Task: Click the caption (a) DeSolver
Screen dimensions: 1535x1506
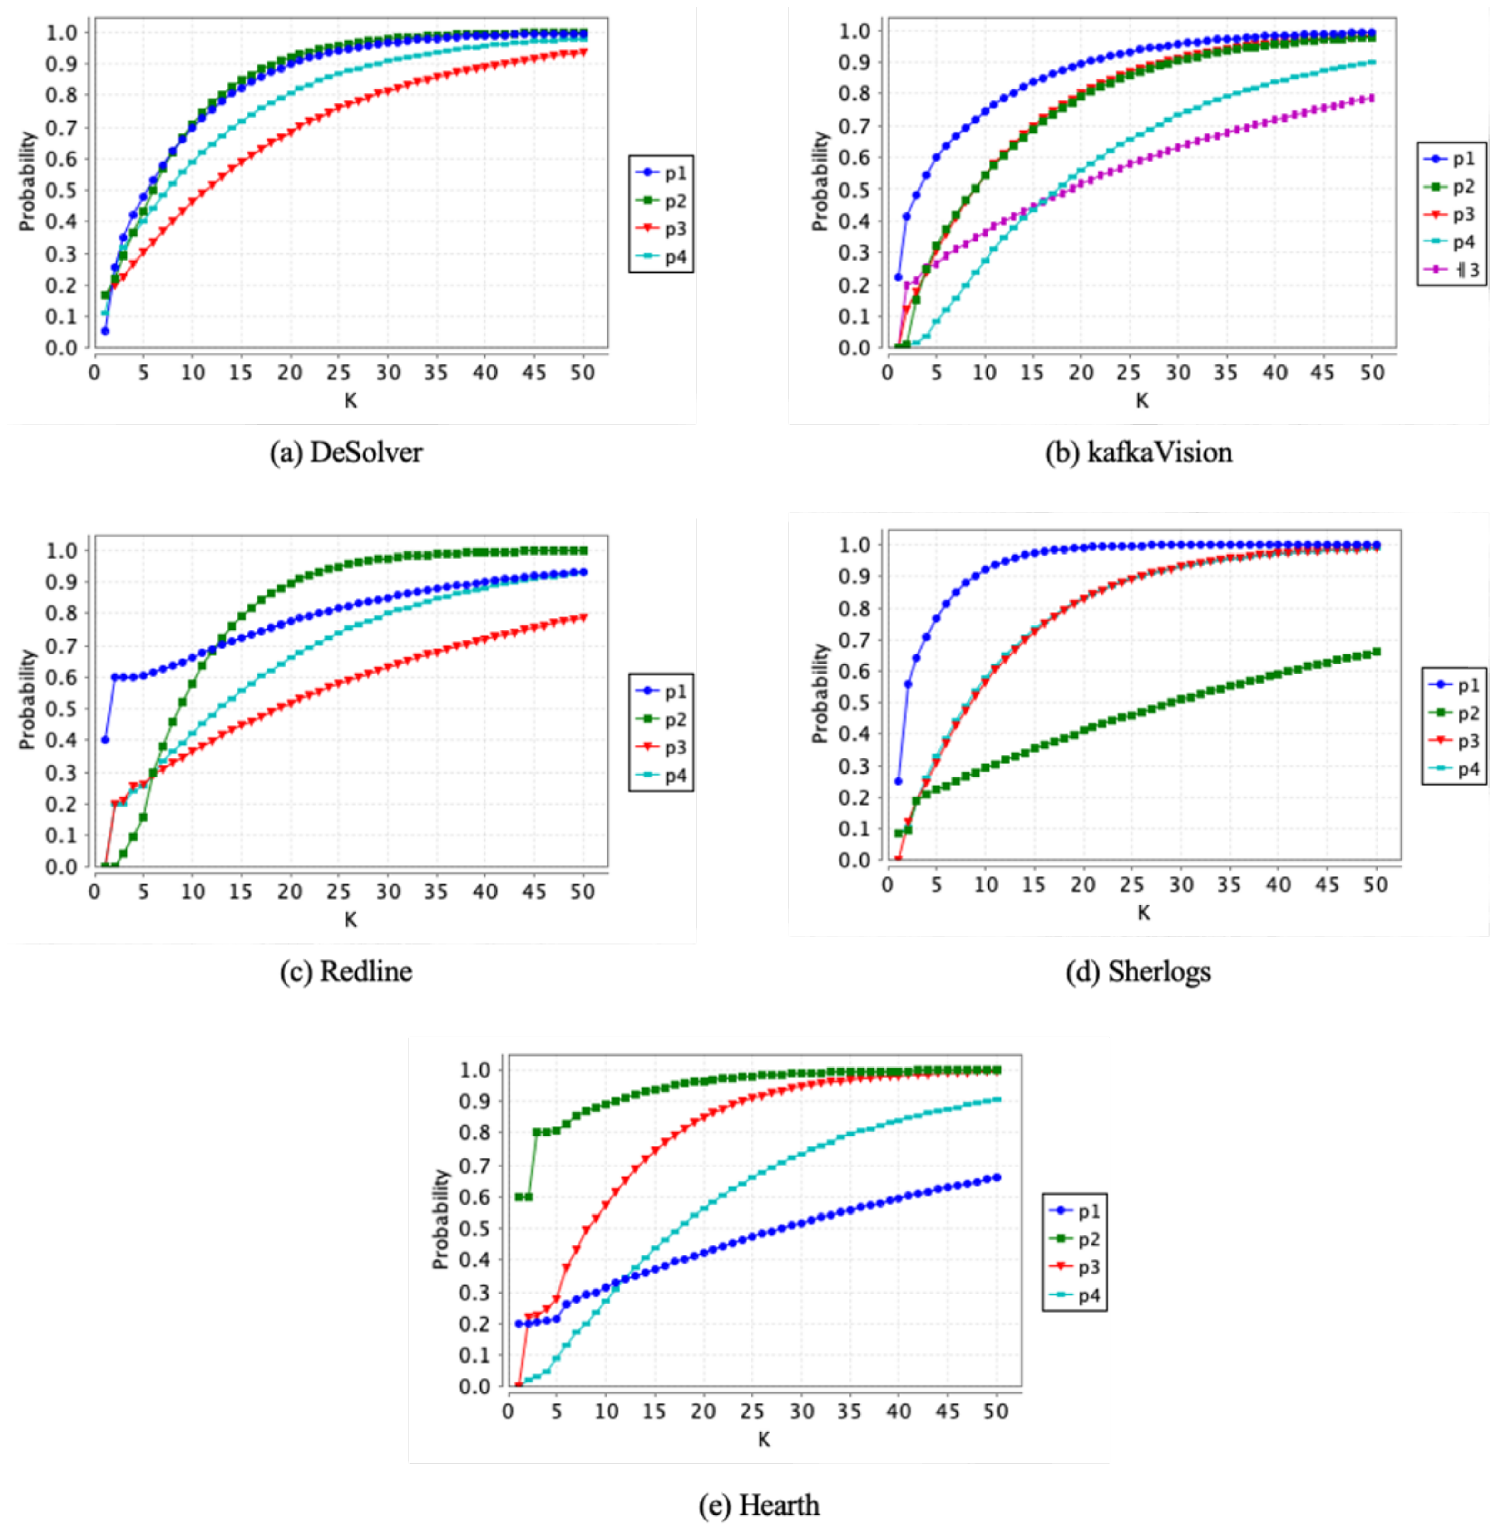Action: point(346,453)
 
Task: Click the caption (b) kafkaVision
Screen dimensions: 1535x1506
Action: point(1139,453)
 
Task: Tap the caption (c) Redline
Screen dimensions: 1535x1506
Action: point(346,971)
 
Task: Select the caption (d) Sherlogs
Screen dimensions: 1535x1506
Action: point(1139,971)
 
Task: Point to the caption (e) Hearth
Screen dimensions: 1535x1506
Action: point(759,1505)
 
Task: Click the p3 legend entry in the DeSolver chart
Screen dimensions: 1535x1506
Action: point(663,229)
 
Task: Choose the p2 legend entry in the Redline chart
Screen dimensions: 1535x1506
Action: point(663,720)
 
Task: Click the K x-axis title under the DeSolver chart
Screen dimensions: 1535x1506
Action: point(351,401)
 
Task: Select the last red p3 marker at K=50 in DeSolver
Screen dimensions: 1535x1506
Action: point(583,52)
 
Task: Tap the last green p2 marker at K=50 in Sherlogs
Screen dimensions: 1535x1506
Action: point(1376,652)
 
